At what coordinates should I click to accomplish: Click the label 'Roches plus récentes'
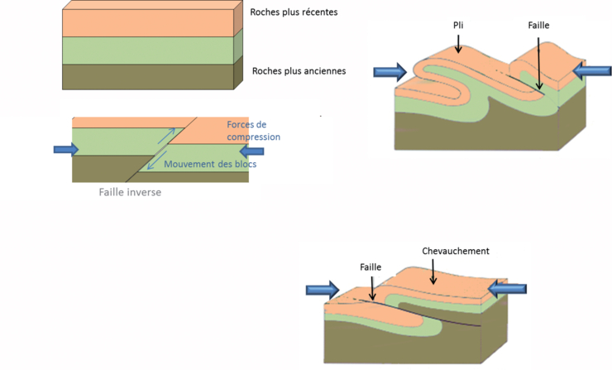pyautogui.click(x=294, y=12)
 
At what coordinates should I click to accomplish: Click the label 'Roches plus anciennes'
pyautogui.click(x=299, y=71)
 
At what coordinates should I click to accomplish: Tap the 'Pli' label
pyautogui.click(x=458, y=26)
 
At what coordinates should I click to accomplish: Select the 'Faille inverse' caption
pyautogui.click(x=130, y=192)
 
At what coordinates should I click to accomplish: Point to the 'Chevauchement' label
pyautogui.click(x=456, y=251)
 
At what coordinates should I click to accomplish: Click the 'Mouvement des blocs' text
pyautogui.click(x=209, y=164)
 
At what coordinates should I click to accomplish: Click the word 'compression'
pyautogui.click(x=253, y=137)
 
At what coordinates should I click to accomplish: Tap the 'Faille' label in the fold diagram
pyautogui.click(x=538, y=26)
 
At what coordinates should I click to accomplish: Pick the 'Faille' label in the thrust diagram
pyautogui.click(x=371, y=267)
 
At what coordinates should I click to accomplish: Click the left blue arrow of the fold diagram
pyautogui.click(x=390, y=71)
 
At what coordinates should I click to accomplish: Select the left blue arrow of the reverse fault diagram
pyautogui.click(x=65, y=149)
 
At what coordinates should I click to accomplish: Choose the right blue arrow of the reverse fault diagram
pyautogui.click(x=251, y=151)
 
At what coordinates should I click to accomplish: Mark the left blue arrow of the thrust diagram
pyautogui.click(x=322, y=290)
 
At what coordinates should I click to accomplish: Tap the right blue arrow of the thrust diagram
pyautogui.click(x=507, y=288)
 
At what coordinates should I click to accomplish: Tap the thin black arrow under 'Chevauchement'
pyautogui.click(x=432, y=271)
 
